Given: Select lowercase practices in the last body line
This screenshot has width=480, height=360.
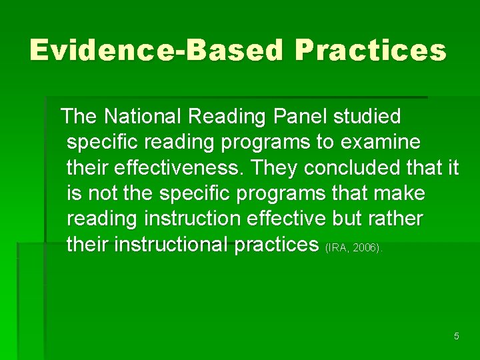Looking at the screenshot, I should coord(277,245).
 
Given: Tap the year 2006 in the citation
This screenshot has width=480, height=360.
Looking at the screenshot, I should coord(366,248).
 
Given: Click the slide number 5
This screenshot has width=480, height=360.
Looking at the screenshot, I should coord(457,336).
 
